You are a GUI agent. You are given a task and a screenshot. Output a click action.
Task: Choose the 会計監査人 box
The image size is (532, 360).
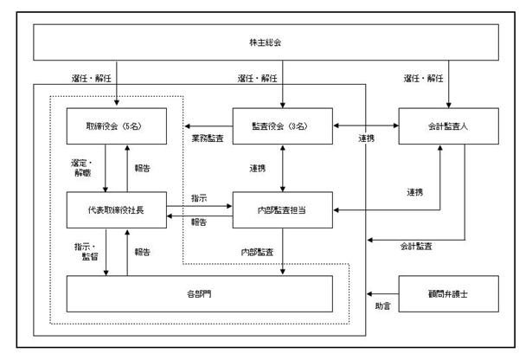447,127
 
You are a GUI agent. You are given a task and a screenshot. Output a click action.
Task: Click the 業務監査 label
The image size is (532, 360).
208,139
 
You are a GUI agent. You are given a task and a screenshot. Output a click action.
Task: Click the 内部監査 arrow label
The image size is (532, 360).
259,252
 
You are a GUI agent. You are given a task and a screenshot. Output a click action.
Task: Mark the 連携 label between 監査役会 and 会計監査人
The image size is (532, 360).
367,139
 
